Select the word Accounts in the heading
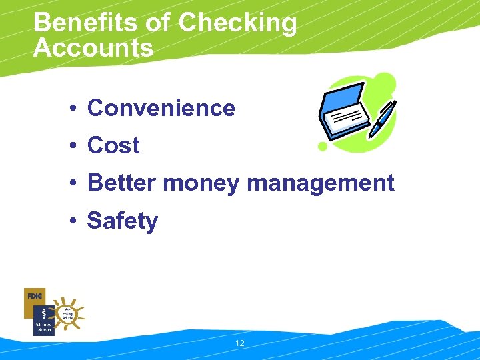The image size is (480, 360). click(93, 47)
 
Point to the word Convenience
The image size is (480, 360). click(161, 108)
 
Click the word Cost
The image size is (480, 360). click(113, 145)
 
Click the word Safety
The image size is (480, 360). click(123, 221)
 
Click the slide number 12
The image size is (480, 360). click(240, 343)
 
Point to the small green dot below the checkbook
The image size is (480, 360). click(323, 146)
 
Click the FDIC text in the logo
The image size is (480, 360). click(34, 294)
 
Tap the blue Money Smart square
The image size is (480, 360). click(43, 321)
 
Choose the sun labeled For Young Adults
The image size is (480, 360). click(67, 312)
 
